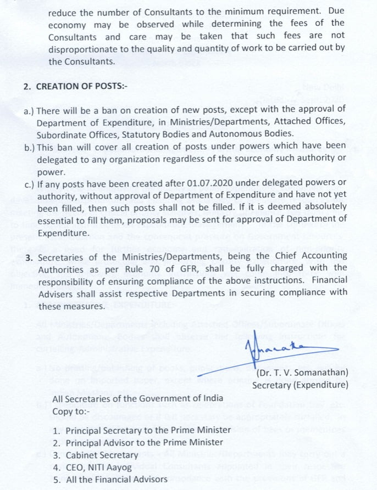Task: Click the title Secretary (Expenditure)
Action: click(x=300, y=385)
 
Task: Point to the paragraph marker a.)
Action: click(x=29, y=110)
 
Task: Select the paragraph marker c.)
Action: click(x=29, y=182)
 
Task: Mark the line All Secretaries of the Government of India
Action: click(x=138, y=398)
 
